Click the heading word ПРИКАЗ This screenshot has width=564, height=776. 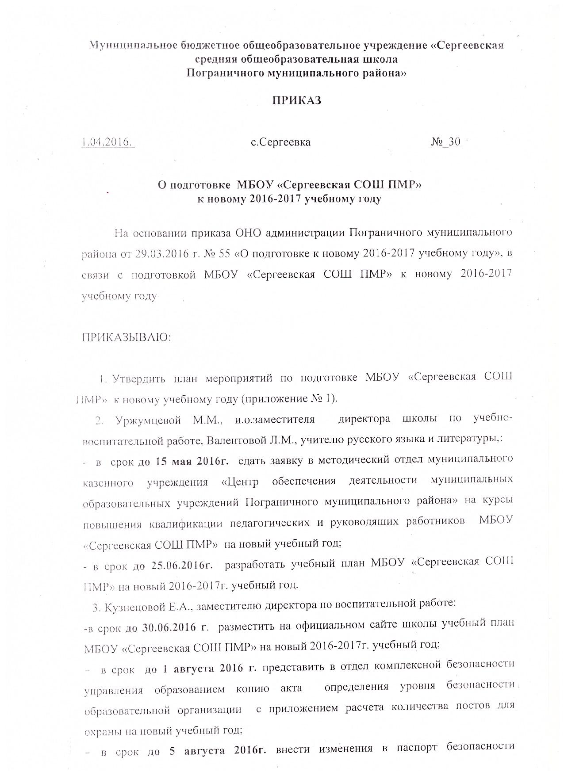tap(296, 100)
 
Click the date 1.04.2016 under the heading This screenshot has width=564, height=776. tap(108, 142)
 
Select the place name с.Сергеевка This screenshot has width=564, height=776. tap(280, 142)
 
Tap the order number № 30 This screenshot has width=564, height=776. tap(445, 142)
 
